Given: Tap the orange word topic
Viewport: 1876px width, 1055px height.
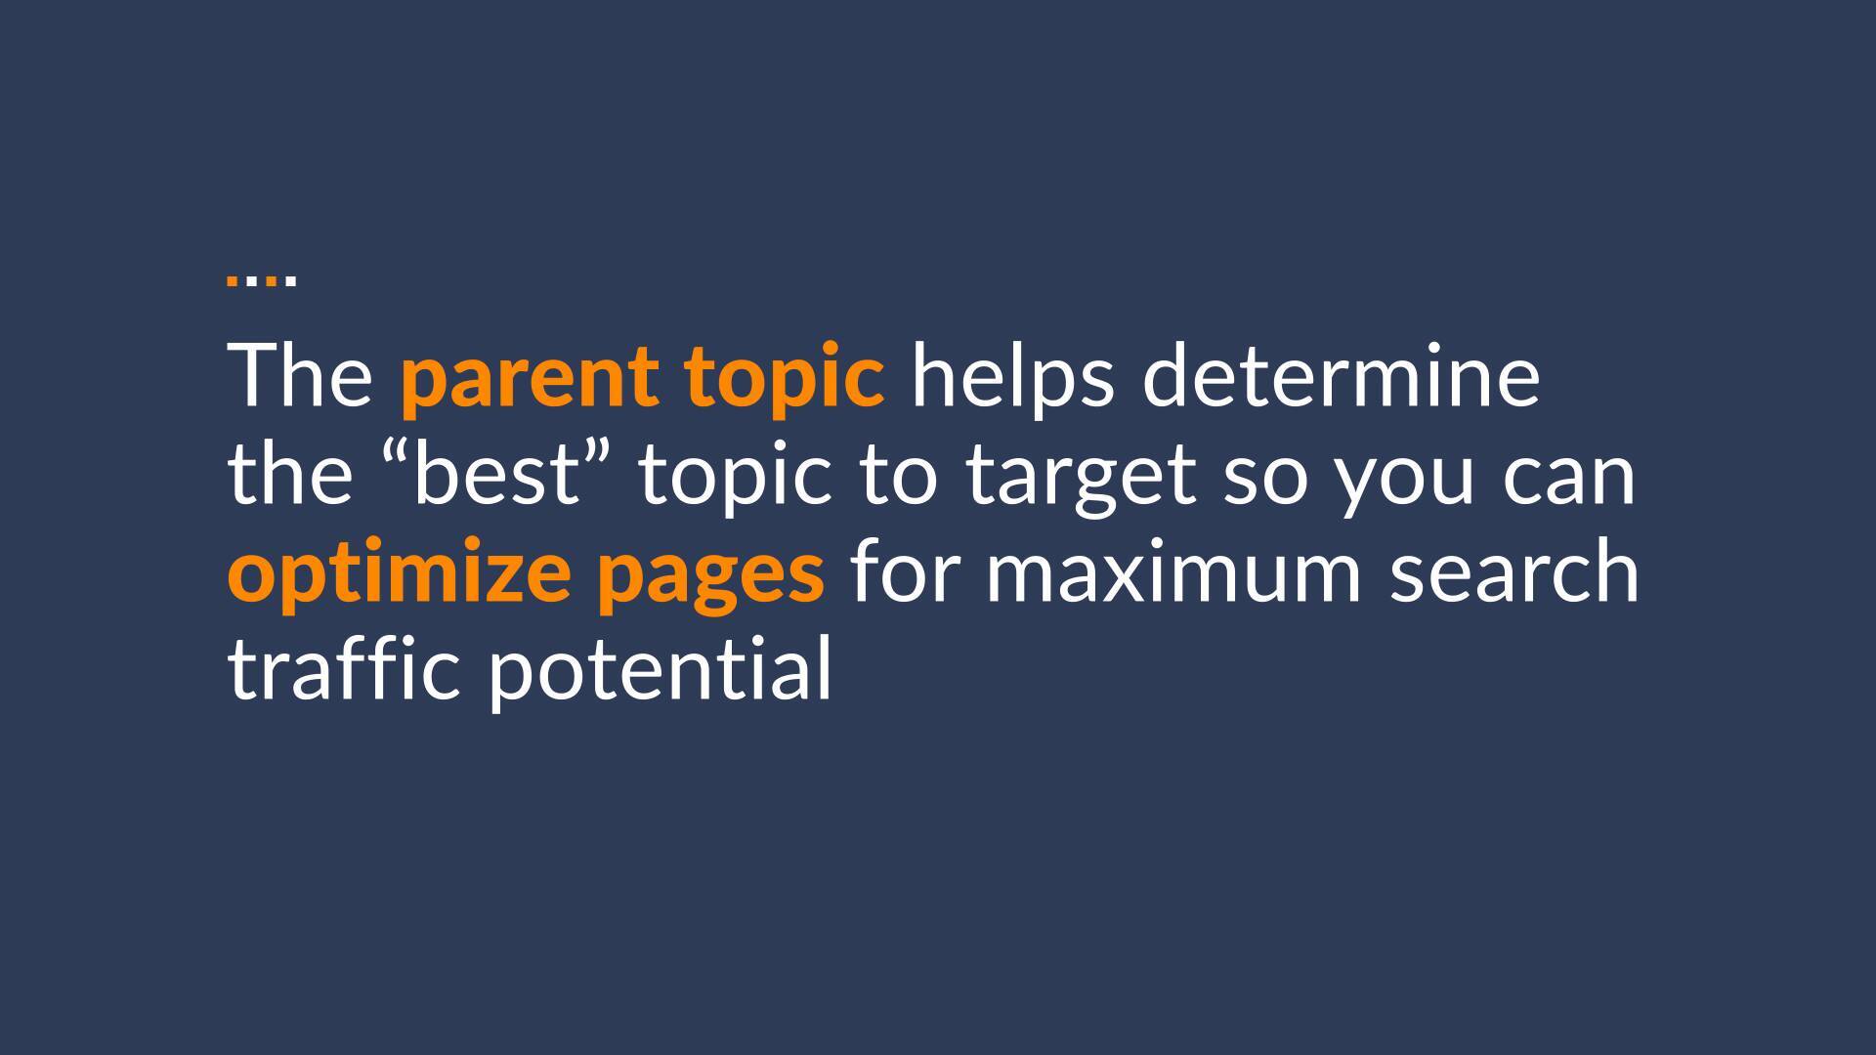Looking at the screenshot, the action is click(x=785, y=379).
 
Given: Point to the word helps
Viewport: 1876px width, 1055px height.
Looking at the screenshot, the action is click(x=1012, y=379).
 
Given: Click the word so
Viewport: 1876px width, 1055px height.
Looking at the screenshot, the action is click(x=1264, y=479).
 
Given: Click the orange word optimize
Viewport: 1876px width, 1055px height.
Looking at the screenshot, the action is click(x=400, y=575).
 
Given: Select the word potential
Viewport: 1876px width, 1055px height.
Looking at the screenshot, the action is click(x=660, y=673).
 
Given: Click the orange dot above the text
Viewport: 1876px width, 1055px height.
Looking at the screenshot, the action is click(x=233, y=280).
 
